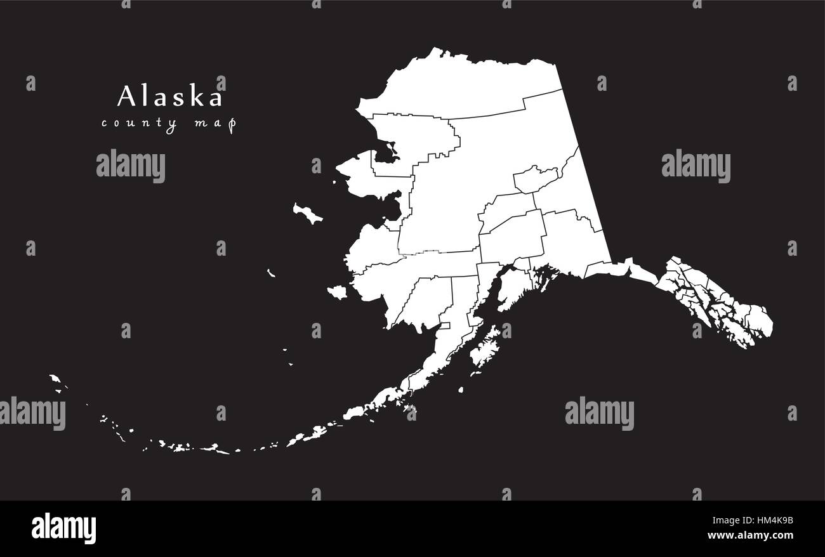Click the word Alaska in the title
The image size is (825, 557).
pos(170,96)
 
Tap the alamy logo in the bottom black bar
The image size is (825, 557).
pos(63,528)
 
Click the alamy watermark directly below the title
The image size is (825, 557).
pos(131,166)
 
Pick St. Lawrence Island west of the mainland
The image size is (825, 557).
pos(307,214)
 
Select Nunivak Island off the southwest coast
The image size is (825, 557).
pos(337,292)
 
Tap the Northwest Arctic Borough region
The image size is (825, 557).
pos(412,136)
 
